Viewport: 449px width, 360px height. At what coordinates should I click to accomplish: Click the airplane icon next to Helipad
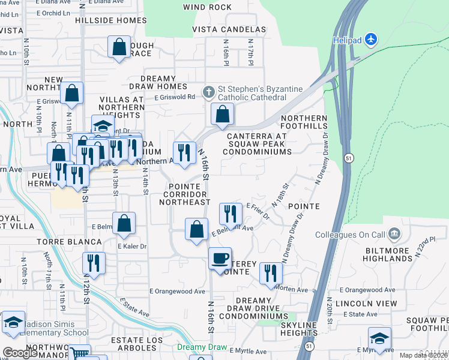point(372,40)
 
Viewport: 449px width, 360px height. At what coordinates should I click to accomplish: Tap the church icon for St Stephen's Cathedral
point(208,92)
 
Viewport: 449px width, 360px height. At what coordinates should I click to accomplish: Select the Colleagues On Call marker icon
point(394,233)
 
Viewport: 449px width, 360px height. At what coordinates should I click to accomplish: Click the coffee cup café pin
point(220,258)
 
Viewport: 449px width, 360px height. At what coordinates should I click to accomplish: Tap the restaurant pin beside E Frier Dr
point(231,213)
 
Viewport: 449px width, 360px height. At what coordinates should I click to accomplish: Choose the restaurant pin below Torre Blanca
point(94,262)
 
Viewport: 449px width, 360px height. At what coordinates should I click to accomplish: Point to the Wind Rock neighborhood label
point(207,7)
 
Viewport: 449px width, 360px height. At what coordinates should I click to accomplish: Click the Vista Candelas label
point(229,29)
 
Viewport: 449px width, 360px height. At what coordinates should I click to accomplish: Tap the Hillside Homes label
point(110,20)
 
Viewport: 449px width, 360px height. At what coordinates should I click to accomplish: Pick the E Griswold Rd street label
point(175,97)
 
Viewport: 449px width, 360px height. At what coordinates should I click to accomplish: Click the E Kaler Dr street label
point(132,247)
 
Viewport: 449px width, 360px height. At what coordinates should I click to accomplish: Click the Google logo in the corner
point(20,353)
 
